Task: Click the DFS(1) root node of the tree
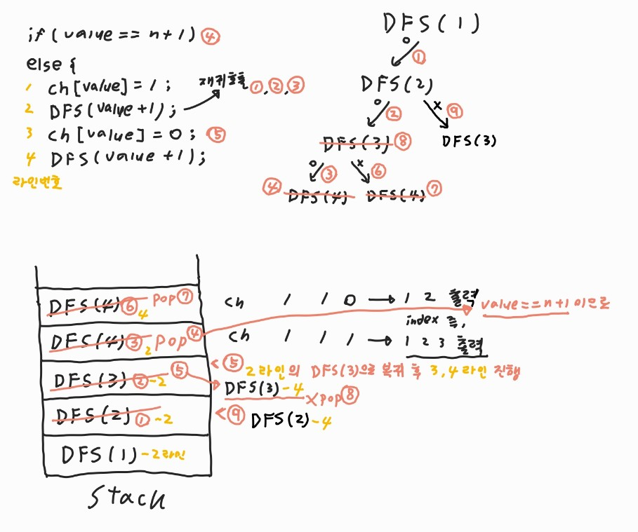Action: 432,24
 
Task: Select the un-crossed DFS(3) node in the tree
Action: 470,139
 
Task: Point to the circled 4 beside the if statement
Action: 209,36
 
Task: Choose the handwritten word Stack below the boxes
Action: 128,499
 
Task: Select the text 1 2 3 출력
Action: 446,343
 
